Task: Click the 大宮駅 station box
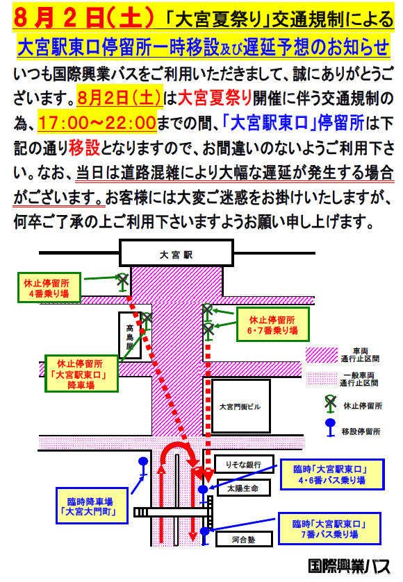click(x=176, y=253)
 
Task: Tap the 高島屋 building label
click(x=130, y=336)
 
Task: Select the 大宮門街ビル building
click(x=240, y=406)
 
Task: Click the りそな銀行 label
click(x=244, y=464)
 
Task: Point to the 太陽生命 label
click(x=243, y=488)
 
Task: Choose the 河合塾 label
click(x=244, y=539)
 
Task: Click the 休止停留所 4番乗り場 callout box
click(x=49, y=288)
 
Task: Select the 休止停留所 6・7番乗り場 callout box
click(x=273, y=325)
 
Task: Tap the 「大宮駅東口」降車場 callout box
click(x=81, y=374)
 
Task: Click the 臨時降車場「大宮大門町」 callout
click(x=92, y=506)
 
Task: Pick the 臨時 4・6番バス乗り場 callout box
click(x=331, y=474)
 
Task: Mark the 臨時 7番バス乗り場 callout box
click(x=329, y=529)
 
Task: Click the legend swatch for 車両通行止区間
click(x=322, y=355)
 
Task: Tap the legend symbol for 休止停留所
click(x=330, y=404)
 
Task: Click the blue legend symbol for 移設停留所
click(x=330, y=427)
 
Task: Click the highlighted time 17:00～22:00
click(x=97, y=123)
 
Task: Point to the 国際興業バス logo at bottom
click(x=349, y=567)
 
